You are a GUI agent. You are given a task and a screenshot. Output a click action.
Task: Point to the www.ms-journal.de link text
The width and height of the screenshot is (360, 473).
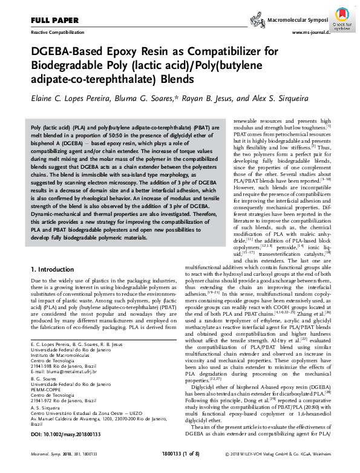pos(311,31)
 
